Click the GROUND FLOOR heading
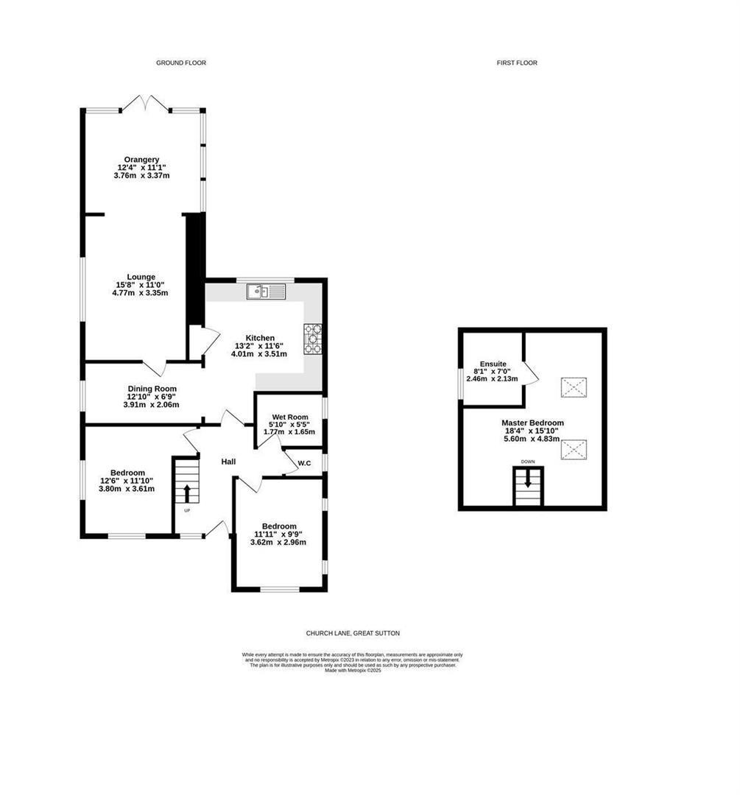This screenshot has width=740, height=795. (x=180, y=63)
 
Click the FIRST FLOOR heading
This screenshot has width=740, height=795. (x=516, y=63)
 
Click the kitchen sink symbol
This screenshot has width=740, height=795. (x=266, y=292)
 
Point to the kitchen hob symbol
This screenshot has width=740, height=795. (x=313, y=339)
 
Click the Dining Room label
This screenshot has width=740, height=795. (x=152, y=389)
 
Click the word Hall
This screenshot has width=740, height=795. (x=228, y=462)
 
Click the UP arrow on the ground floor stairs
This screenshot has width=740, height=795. (x=186, y=492)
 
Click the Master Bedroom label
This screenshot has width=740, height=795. (x=532, y=423)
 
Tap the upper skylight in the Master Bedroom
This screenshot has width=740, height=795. (x=574, y=386)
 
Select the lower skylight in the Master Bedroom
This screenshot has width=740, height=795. (x=574, y=448)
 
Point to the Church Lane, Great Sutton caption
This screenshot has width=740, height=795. (x=353, y=633)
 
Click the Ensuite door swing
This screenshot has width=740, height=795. (x=532, y=372)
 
